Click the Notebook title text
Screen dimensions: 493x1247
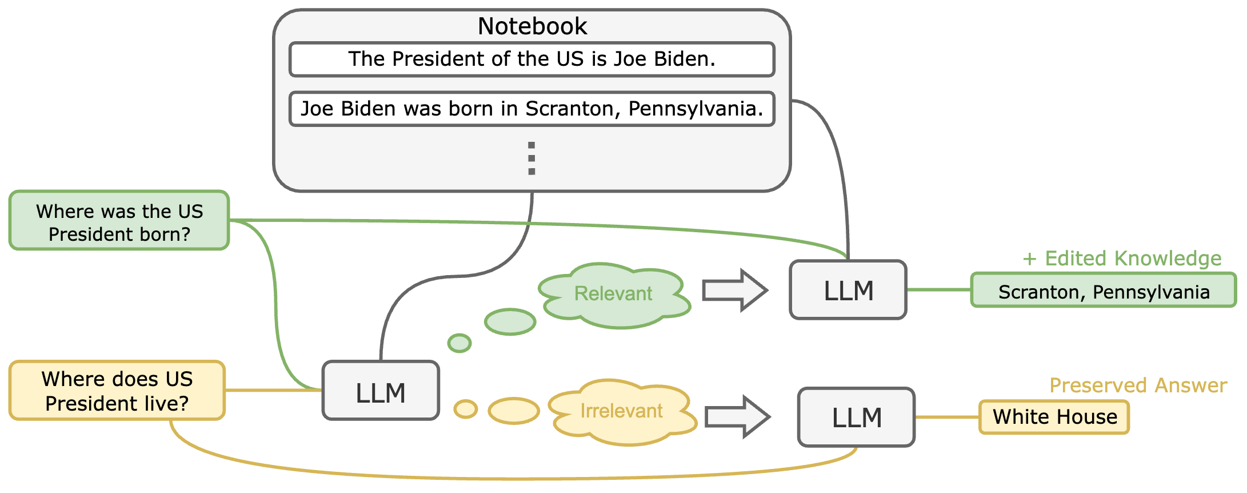pyautogui.click(x=532, y=26)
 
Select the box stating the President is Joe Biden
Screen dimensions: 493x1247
pyautogui.click(x=532, y=59)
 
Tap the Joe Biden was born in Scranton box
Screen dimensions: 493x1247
pyautogui.click(x=532, y=109)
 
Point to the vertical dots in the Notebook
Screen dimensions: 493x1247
pyautogui.click(x=532, y=158)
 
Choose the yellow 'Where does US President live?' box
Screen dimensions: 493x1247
pyautogui.click(x=117, y=391)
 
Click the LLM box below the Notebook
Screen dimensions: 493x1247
pyautogui.click(x=381, y=391)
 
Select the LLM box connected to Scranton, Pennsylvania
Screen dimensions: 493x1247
pyautogui.click(x=848, y=290)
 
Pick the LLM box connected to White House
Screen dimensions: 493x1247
pyautogui.click(x=856, y=417)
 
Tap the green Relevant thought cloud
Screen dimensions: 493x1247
pyautogui.click(x=614, y=295)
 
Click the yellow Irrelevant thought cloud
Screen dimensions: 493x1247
pyautogui.click(x=622, y=412)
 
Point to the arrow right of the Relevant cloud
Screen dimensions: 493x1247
pyautogui.click(x=734, y=290)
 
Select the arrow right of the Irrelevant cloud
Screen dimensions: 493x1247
pyautogui.click(x=737, y=417)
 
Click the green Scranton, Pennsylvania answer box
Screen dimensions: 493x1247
pyautogui.click(x=1103, y=291)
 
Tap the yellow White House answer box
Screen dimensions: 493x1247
pyautogui.click(x=1054, y=418)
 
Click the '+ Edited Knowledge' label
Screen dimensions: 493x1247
pyautogui.click(x=1122, y=259)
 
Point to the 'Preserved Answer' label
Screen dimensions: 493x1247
pyautogui.click(x=1138, y=385)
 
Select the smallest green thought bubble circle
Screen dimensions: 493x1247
pyautogui.click(x=459, y=343)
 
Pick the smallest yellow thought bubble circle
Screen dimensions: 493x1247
pyautogui.click(x=466, y=409)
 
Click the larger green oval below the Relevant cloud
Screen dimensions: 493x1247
pyautogui.click(x=510, y=322)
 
